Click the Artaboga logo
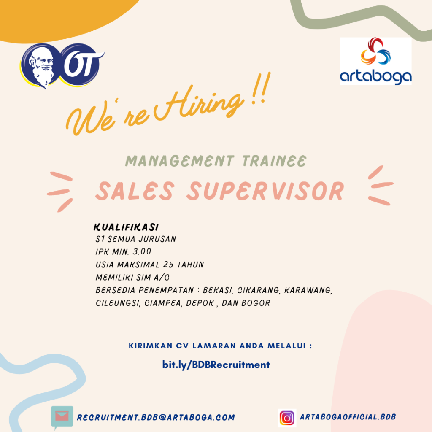click(x=375, y=61)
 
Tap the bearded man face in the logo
click(x=41, y=66)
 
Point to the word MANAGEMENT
click(x=180, y=161)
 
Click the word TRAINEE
click(x=274, y=161)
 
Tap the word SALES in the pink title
click(x=135, y=191)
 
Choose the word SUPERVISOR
click(x=266, y=191)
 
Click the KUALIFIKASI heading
click(x=126, y=227)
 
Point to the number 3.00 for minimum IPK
click(x=142, y=251)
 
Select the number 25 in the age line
click(x=168, y=264)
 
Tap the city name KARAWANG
click(x=308, y=290)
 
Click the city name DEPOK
click(x=200, y=303)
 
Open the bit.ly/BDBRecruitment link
click(x=216, y=365)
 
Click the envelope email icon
click(x=62, y=416)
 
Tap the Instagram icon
click(x=287, y=418)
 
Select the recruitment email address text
click(x=156, y=417)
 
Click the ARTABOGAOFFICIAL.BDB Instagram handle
click(x=348, y=417)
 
